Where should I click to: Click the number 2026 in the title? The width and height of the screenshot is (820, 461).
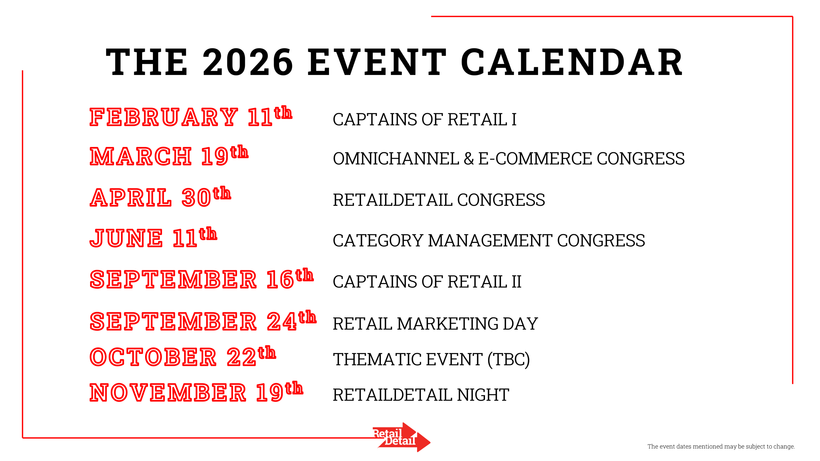pos(248,62)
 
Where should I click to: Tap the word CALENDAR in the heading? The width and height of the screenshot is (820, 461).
pos(572,62)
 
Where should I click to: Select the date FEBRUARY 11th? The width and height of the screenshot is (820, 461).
pos(191,116)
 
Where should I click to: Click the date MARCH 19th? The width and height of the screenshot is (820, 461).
pos(169,155)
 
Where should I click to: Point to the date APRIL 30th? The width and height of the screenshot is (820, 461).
pos(160,196)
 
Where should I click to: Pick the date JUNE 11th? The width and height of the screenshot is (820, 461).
pos(153,237)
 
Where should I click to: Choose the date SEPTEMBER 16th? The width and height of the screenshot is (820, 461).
pos(201,279)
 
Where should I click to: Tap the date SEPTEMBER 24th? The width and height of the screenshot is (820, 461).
pos(203,320)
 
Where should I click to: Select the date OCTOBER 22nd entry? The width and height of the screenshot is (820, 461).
pos(183,356)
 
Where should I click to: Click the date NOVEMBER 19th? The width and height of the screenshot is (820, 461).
pos(196,392)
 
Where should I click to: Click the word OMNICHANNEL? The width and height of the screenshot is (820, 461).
pos(396,158)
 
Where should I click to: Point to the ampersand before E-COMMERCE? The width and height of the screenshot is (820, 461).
pos(469,158)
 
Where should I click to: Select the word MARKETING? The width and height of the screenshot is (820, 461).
pos(448,324)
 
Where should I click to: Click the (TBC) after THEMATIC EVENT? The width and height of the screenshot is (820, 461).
pos(508,359)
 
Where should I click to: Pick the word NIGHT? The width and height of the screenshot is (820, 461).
pos(483,395)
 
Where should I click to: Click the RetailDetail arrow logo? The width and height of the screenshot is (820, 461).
pos(402,437)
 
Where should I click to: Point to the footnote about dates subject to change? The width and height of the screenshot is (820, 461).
pos(721,446)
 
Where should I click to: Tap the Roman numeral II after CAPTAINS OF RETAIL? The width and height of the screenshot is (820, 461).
pos(516,282)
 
